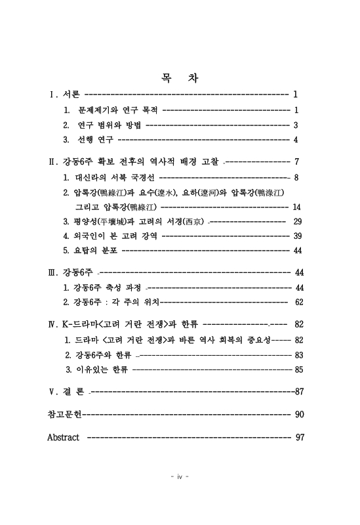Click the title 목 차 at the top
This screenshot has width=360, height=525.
[x=179, y=78]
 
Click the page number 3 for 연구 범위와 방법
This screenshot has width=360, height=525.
[x=296, y=125]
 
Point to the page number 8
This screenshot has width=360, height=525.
[x=296, y=177]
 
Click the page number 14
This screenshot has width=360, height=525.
[x=296, y=207]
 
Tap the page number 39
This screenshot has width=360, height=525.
[x=297, y=236]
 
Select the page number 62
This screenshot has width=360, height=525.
[x=299, y=302]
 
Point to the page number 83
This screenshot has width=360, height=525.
[x=298, y=354]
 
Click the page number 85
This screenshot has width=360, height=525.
[x=298, y=369]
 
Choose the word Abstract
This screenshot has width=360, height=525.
[x=64, y=437]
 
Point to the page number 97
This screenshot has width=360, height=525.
[x=300, y=437]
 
